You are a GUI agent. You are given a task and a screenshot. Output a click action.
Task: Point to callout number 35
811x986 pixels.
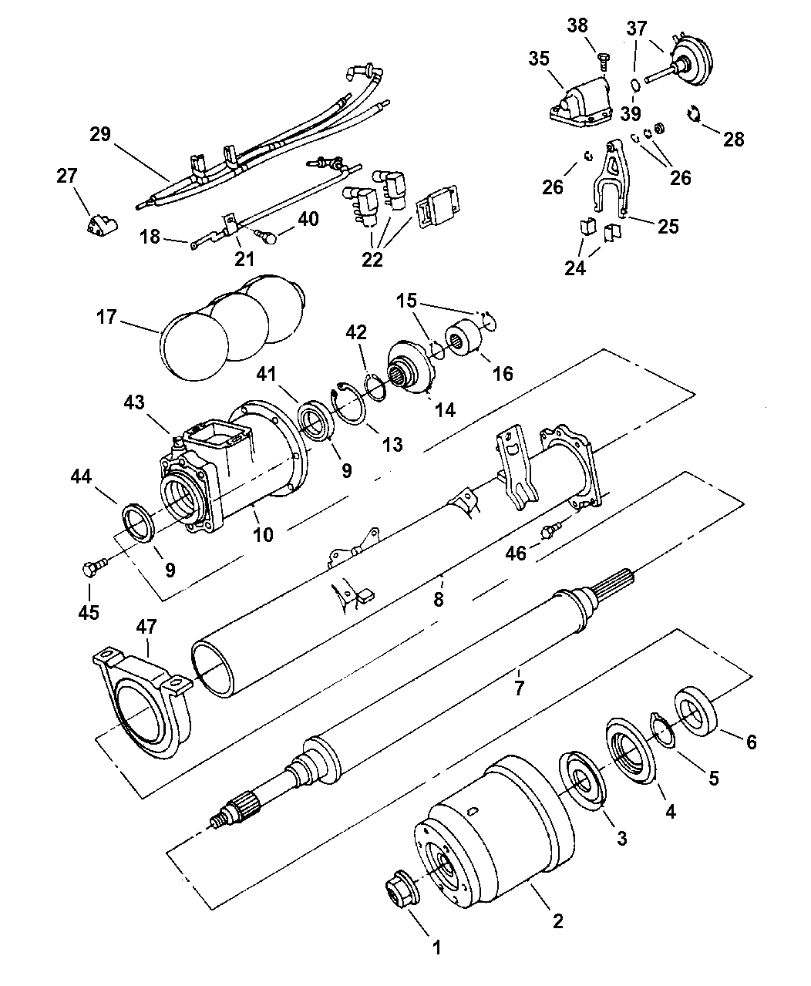pos(539,59)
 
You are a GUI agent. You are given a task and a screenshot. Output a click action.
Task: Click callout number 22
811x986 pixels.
pos(372,259)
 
